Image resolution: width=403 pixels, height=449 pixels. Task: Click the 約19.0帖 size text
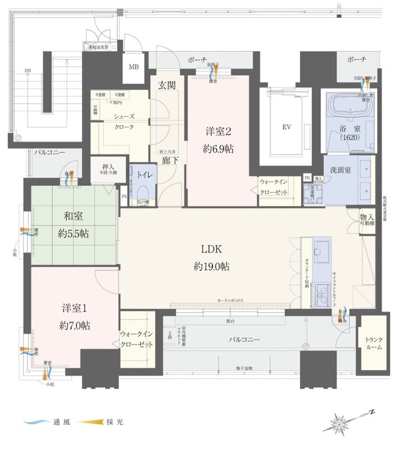click(211, 267)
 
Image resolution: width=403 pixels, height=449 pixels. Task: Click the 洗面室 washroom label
click(341, 171)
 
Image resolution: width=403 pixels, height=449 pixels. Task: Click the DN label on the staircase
click(28, 71)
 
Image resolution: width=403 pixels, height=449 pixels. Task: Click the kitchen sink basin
click(322, 251)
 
